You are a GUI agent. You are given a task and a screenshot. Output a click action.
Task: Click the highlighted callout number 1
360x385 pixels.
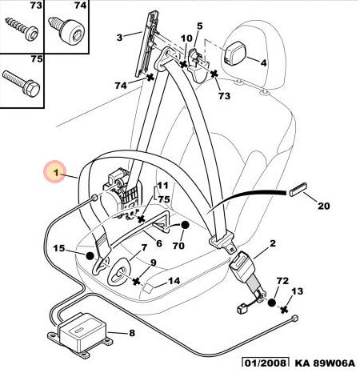tap(56, 172)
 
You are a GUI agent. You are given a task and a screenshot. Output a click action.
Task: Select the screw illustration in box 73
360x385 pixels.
tap(22, 29)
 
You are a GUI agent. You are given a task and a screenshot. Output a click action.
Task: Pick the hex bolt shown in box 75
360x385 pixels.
tap(22, 82)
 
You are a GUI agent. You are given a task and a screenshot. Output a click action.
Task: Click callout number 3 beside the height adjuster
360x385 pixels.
tap(119, 38)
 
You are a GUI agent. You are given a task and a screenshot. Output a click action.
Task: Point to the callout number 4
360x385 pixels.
tap(263, 63)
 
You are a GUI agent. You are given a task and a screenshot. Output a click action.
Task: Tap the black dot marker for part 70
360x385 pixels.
tap(184, 226)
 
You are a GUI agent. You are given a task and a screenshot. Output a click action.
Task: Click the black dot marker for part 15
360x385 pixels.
tap(90, 256)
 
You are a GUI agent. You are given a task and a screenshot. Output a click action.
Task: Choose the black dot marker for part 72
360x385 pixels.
tap(271, 303)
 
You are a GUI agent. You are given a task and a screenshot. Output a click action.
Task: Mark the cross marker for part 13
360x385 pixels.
tap(284, 310)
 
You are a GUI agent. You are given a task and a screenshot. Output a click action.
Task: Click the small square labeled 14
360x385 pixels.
tap(148, 288)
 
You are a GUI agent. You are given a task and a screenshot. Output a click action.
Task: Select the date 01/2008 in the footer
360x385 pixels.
tap(265, 363)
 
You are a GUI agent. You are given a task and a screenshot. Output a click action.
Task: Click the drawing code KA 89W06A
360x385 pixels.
tap(325, 363)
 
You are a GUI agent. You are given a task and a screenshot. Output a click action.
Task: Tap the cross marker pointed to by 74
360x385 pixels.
tap(150, 77)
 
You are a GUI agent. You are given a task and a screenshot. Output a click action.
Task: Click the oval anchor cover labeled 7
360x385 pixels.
tap(119, 272)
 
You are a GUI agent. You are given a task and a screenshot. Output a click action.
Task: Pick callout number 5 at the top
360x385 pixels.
tap(200, 26)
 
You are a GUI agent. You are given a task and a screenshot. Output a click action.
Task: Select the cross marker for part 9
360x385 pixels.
tap(137, 281)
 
